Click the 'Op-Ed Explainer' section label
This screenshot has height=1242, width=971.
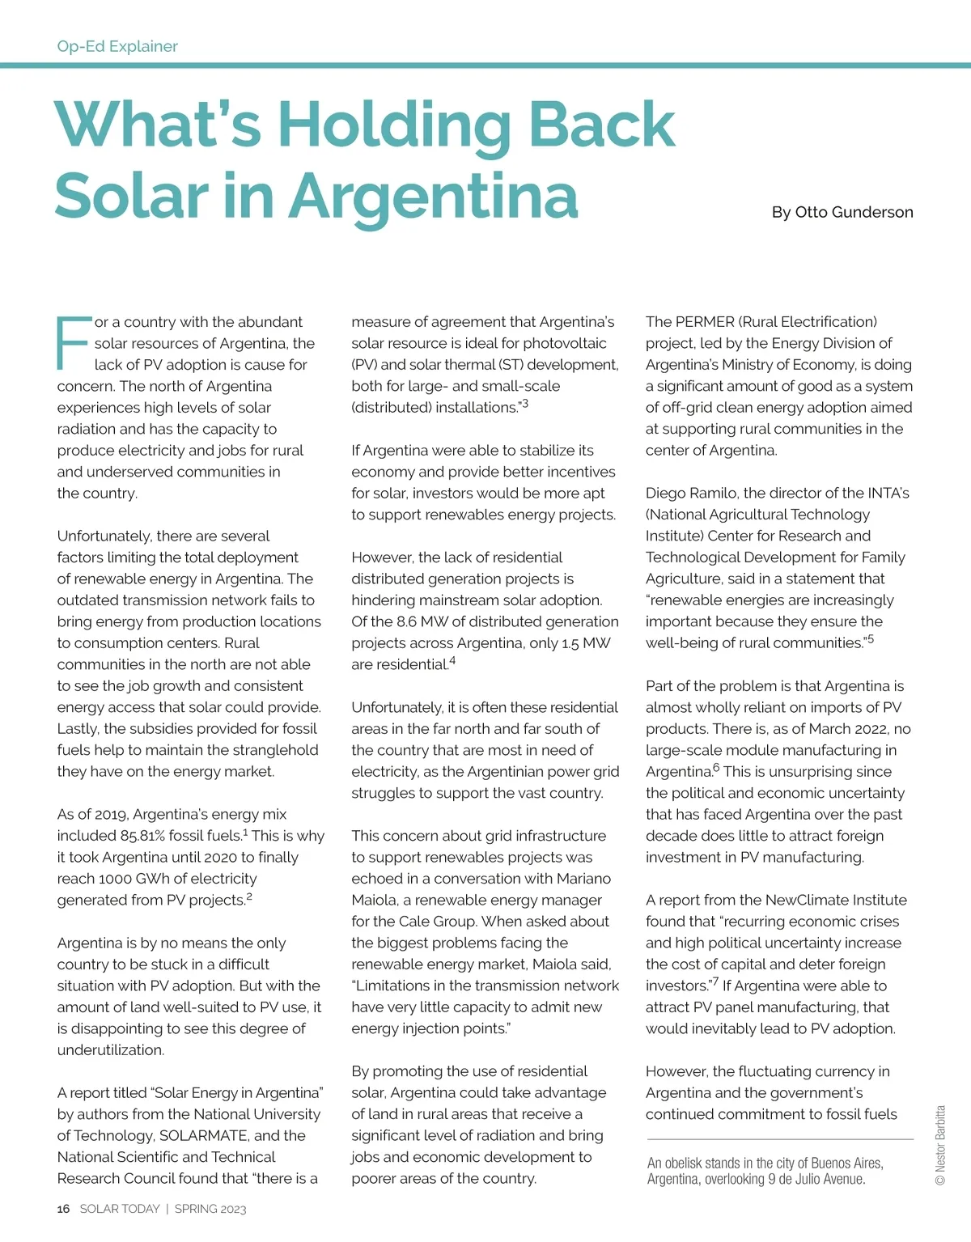pos(117,46)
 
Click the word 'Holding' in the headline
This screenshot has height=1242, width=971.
pos(395,125)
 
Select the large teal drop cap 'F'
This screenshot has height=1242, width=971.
pos(72,343)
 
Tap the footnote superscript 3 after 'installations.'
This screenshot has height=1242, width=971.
pos(525,403)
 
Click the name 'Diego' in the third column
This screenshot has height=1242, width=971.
pos(665,494)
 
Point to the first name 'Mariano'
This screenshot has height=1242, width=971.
pos(583,879)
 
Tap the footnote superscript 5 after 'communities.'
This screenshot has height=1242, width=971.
pos(871,639)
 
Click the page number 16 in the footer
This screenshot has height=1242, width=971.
pos(63,1209)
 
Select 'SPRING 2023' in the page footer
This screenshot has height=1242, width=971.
pos(210,1209)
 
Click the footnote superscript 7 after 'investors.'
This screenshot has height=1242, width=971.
pos(714,982)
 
